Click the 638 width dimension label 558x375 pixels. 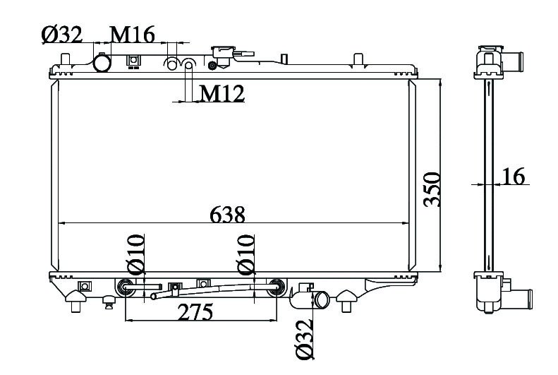(x=227, y=215)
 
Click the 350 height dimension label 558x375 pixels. (x=432, y=189)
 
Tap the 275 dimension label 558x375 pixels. (x=195, y=311)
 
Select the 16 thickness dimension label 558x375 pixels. (x=513, y=176)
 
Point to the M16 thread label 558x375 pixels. (x=133, y=35)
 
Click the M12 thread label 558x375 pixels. (x=222, y=94)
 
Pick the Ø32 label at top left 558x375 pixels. (x=62, y=35)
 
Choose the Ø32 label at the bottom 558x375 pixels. (x=305, y=339)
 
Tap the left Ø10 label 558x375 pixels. (x=136, y=254)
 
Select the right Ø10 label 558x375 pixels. (x=246, y=254)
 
